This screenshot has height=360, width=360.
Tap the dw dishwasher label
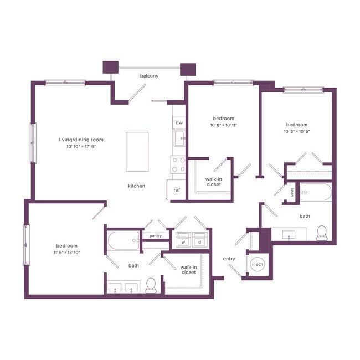click(179, 122)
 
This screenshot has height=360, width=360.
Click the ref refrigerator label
click(177, 190)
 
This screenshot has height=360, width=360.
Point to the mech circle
click(257, 265)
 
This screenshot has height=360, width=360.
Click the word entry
click(229, 259)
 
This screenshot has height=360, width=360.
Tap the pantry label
click(156, 236)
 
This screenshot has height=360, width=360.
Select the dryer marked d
click(199, 241)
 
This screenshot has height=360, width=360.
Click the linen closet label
click(291, 192)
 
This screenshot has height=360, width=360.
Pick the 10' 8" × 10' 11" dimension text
click(224, 126)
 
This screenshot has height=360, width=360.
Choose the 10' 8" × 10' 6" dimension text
click(296, 132)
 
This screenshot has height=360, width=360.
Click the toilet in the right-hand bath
click(322, 233)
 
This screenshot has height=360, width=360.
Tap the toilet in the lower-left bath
click(150, 286)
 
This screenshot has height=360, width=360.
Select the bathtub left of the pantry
click(121, 241)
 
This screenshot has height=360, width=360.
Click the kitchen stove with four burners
click(178, 164)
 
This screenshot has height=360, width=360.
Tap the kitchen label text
click(136, 186)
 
